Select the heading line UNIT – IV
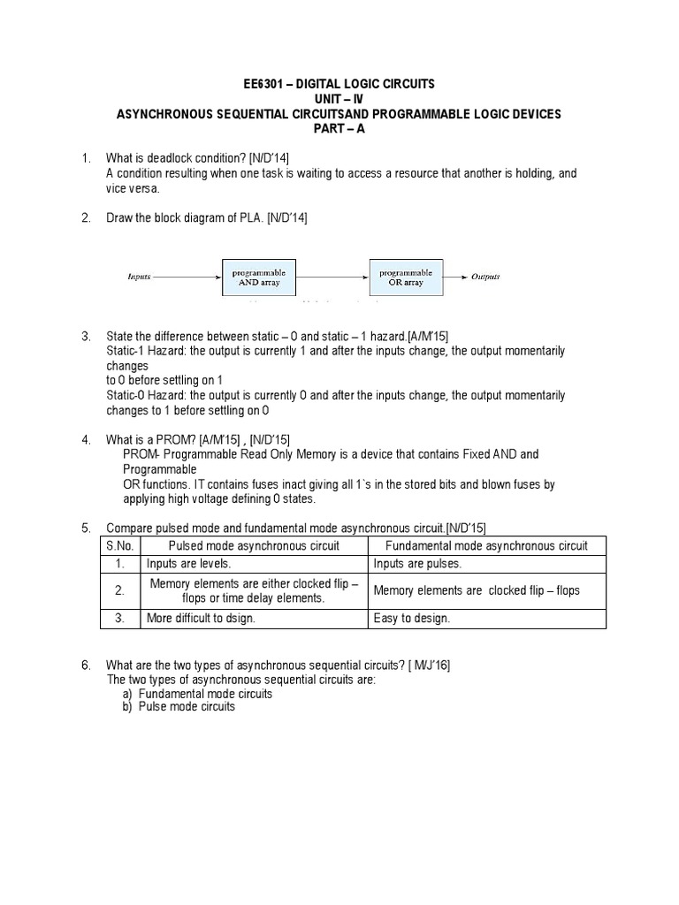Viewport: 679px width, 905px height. point(339,99)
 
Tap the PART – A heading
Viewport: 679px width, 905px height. point(339,128)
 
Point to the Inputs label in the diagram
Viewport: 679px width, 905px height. point(140,277)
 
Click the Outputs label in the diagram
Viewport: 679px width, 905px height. point(485,277)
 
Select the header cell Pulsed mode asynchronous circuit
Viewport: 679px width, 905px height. point(254,545)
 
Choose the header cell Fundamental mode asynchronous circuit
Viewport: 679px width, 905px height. point(487,545)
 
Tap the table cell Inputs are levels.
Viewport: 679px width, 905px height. point(189,564)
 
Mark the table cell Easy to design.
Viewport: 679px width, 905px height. point(412,618)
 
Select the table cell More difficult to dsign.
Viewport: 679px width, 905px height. point(202,618)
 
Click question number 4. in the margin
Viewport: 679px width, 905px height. point(87,439)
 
